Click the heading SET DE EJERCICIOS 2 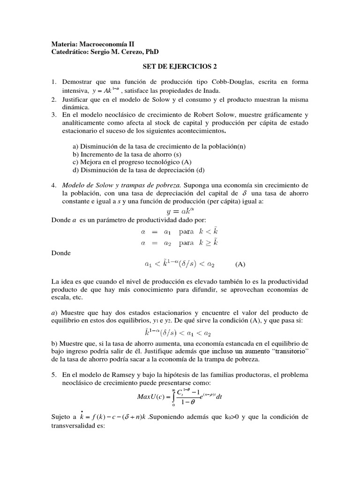pos(180,67)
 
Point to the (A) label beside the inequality pos(240,264)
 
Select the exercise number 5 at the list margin pos(53,375)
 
